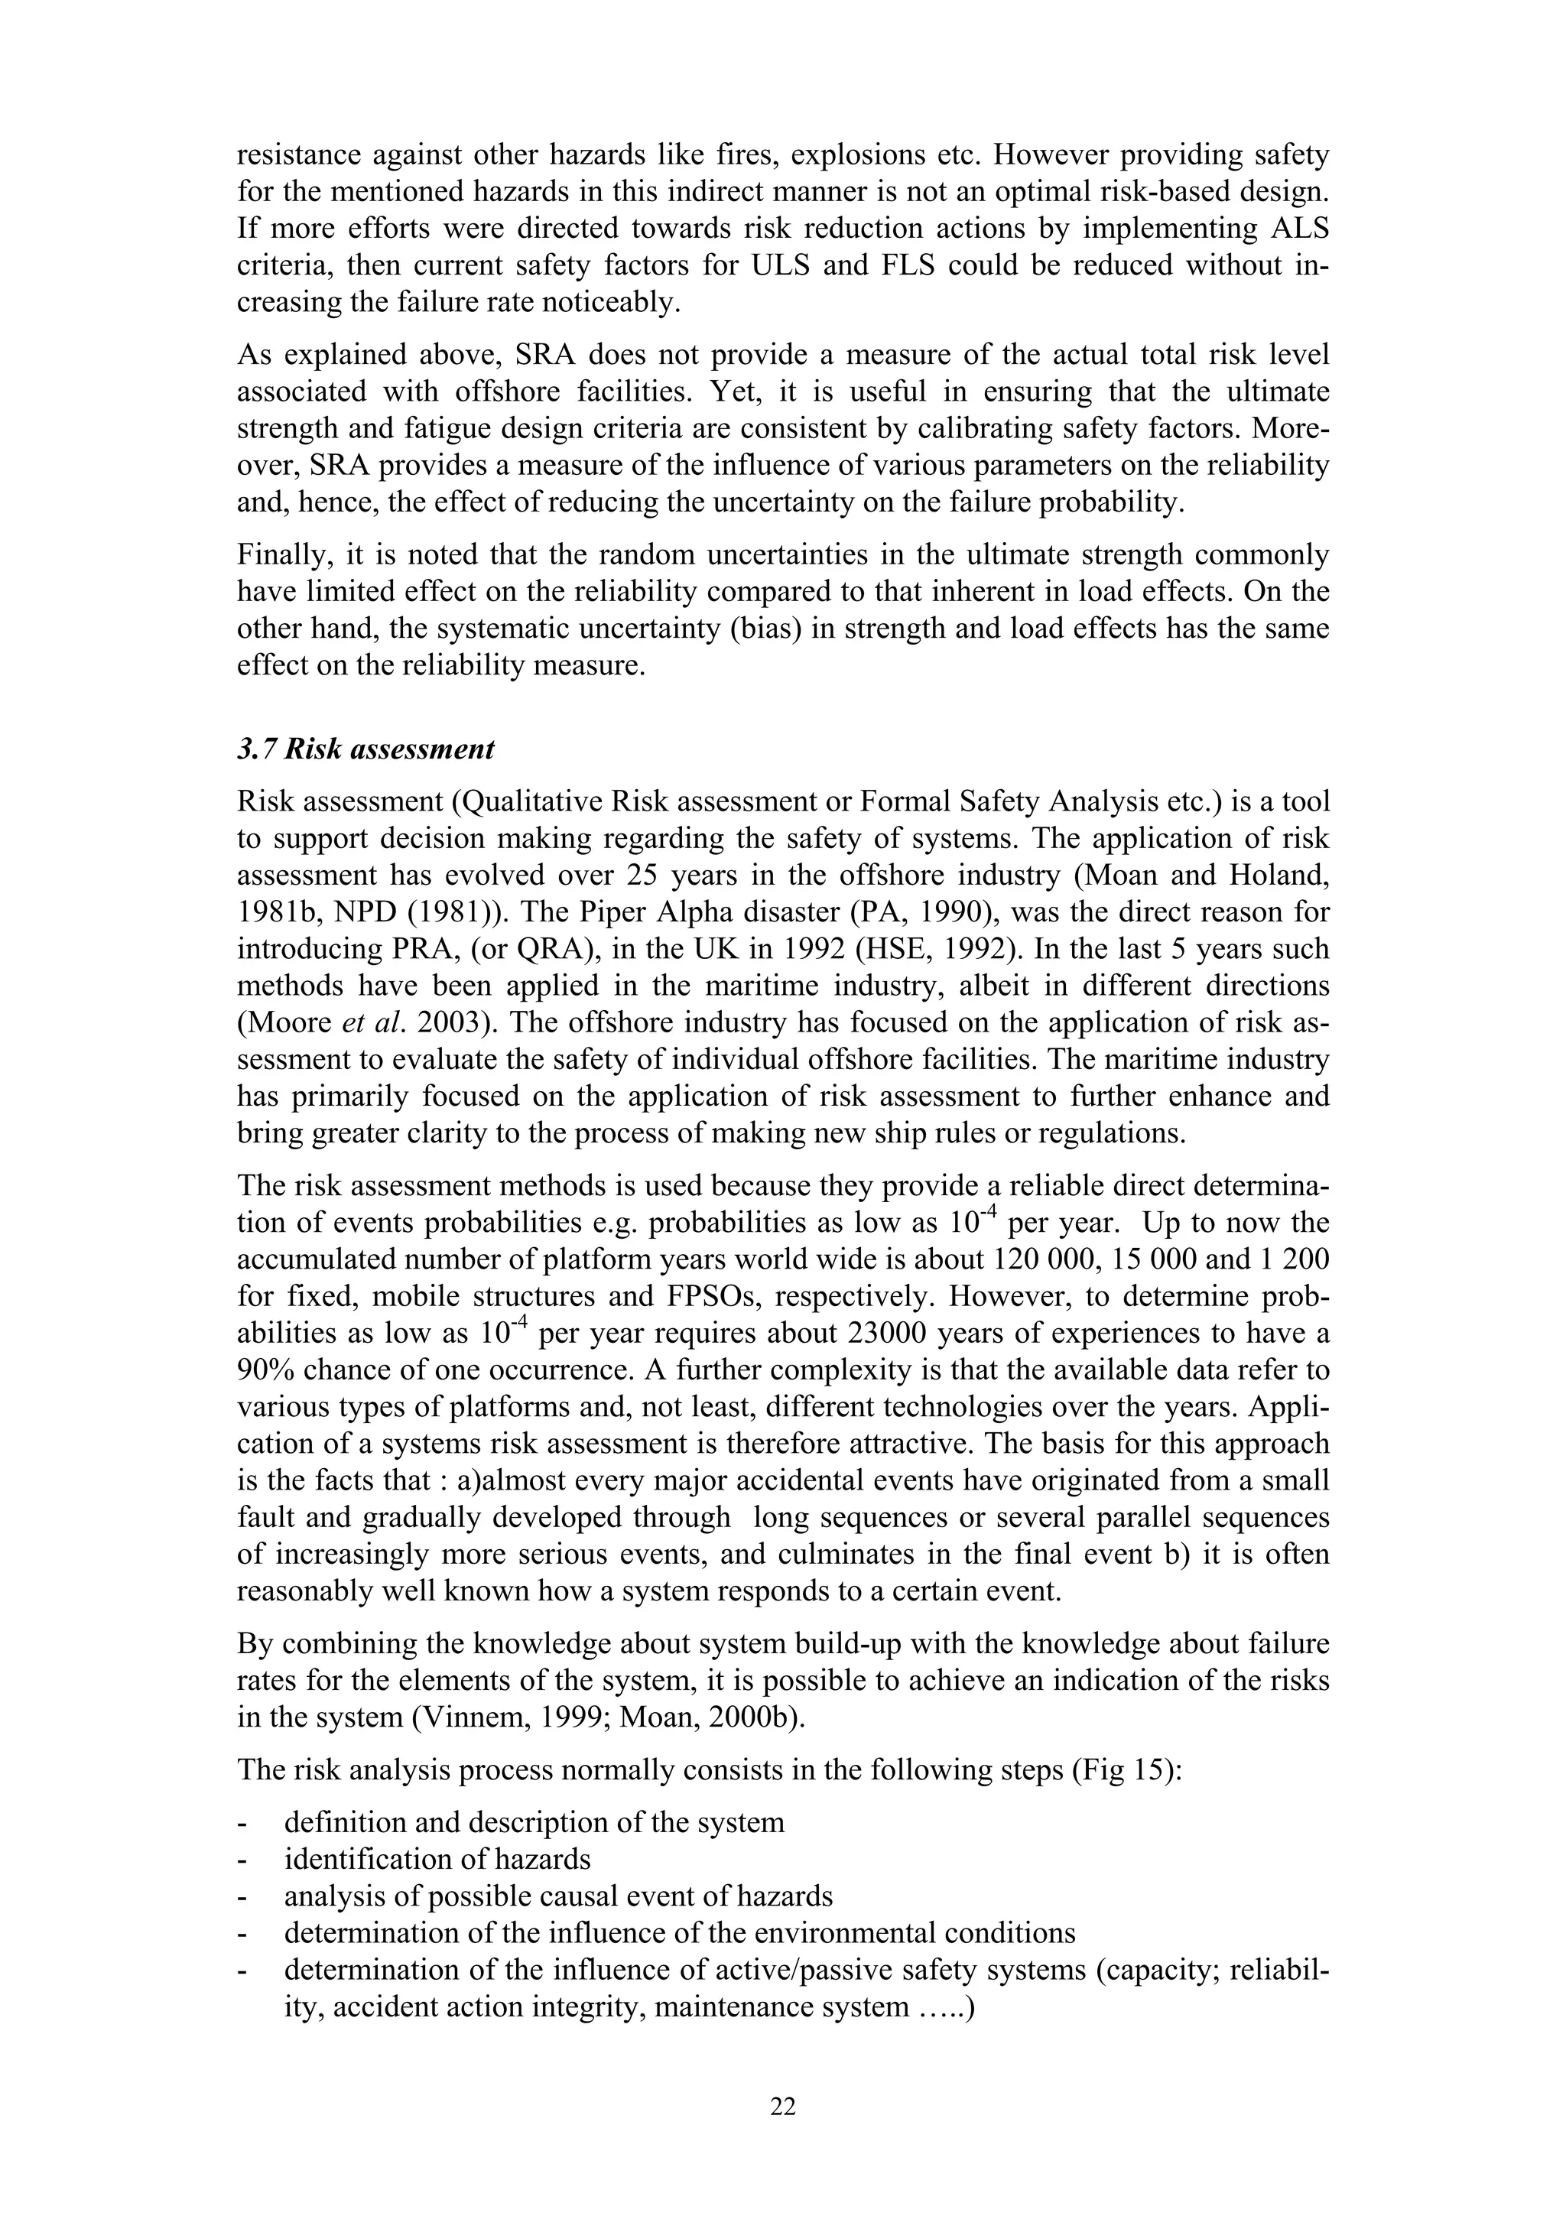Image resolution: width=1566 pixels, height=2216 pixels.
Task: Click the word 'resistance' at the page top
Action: [x=299, y=154]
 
